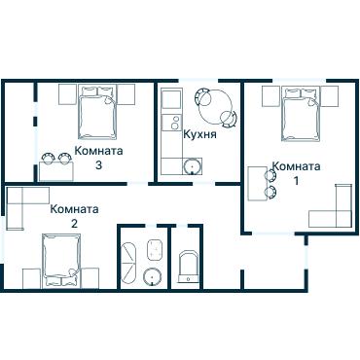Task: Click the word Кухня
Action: [x=199, y=133]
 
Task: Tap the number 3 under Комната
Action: [x=98, y=165]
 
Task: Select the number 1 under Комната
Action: [x=296, y=181]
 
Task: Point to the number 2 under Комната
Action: [x=74, y=224]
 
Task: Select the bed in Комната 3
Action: [x=97, y=112]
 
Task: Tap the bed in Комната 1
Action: [x=301, y=114]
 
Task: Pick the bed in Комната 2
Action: [x=61, y=261]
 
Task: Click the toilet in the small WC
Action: [x=189, y=267]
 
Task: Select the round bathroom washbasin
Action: [x=153, y=276]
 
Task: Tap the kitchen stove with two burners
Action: [x=171, y=123]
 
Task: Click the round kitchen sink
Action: [x=193, y=166]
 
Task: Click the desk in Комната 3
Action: [x=56, y=171]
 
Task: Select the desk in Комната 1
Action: [x=257, y=184]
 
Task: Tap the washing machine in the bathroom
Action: [x=155, y=249]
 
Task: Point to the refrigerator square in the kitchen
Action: [x=171, y=99]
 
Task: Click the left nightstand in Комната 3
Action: [x=67, y=94]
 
